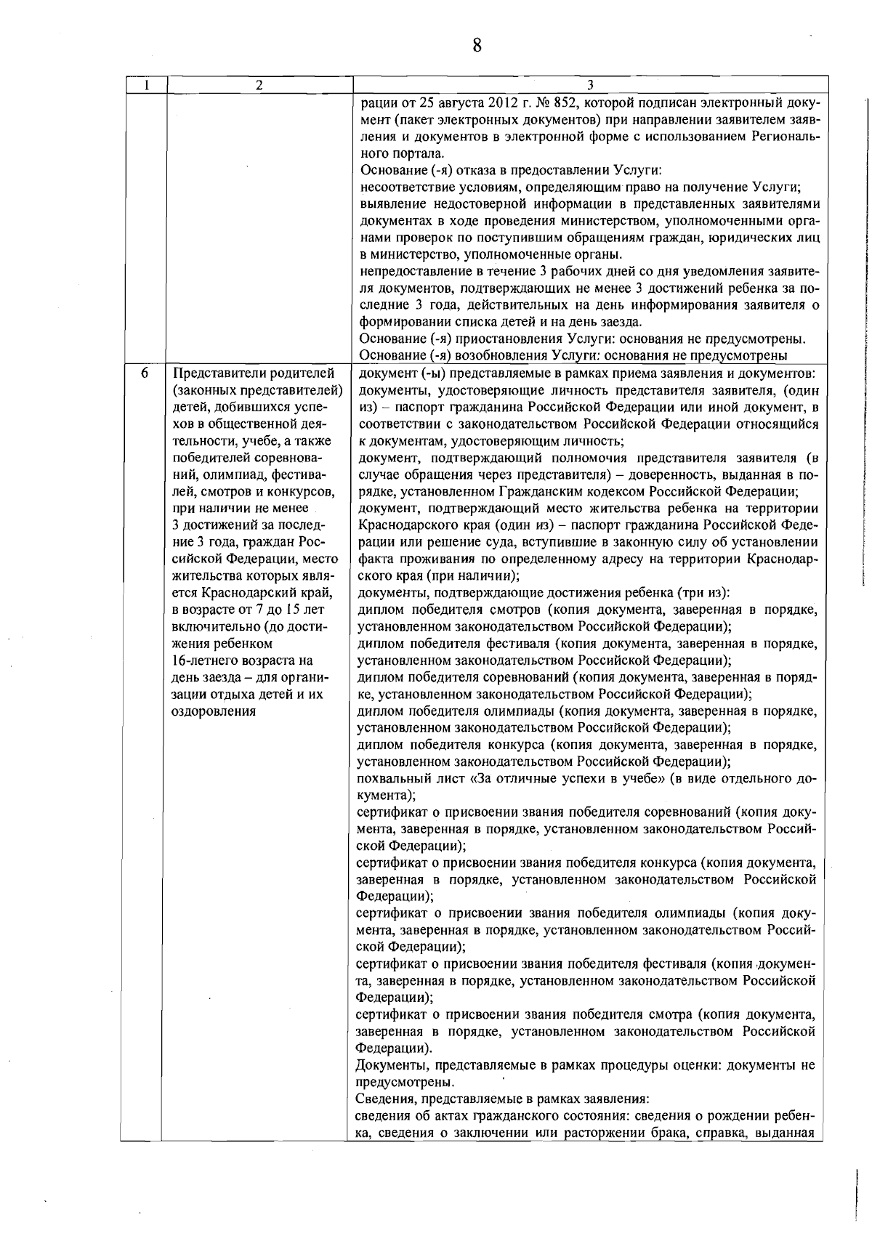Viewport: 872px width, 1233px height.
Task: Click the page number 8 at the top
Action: click(x=477, y=46)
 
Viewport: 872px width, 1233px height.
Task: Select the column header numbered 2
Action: click(x=259, y=84)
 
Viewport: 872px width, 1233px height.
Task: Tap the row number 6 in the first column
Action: click(x=145, y=373)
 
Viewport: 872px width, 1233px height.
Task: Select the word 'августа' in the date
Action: click(x=452, y=101)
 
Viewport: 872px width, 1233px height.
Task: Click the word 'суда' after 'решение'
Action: click(x=536, y=543)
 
